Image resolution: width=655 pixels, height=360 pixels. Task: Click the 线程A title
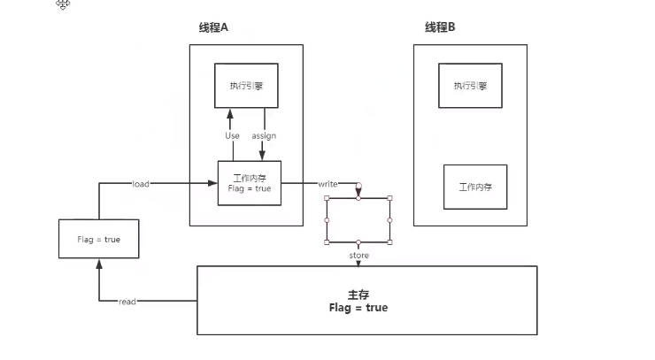click(214, 27)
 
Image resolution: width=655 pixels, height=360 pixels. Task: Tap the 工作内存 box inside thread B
click(475, 187)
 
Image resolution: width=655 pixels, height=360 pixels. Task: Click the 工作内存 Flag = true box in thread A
click(249, 183)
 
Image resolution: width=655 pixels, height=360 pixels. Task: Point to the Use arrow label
click(232, 135)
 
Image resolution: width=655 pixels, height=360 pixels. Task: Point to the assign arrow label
click(265, 135)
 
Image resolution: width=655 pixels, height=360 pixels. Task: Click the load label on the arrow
click(140, 184)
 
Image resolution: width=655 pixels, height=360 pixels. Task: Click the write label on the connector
click(328, 184)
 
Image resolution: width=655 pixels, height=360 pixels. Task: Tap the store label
click(358, 256)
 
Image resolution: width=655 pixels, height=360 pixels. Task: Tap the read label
click(127, 302)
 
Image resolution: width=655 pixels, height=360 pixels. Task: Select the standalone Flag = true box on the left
click(98, 239)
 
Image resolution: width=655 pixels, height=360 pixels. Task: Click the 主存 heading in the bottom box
click(357, 294)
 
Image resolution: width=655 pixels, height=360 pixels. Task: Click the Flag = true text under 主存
click(358, 308)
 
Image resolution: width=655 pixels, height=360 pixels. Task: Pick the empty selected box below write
click(358, 220)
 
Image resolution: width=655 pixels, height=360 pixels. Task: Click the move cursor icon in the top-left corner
click(63, 5)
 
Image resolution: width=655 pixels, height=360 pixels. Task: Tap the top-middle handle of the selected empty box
click(358, 198)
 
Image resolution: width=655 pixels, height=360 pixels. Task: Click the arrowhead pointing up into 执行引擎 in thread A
click(230, 113)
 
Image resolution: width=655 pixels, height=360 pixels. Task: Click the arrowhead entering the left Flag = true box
click(98, 264)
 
